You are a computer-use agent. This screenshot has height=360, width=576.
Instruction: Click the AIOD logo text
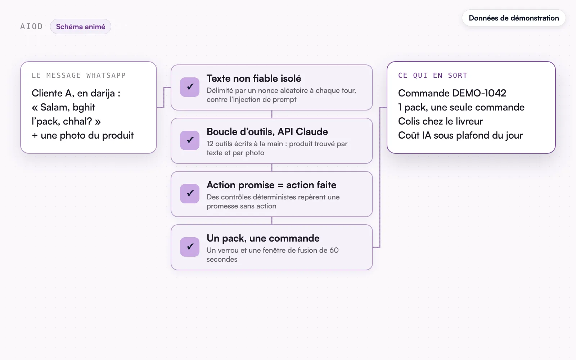click(x=31, y=27)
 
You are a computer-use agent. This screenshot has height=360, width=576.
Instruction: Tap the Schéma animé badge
click(x=81, y=27)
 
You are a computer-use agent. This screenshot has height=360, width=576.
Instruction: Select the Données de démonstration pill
click(x=514, y=18)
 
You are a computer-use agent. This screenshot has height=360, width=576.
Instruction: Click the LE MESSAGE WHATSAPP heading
click(x=79, y=75)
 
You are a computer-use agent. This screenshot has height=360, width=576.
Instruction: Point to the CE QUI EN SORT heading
click(x=432, y=75)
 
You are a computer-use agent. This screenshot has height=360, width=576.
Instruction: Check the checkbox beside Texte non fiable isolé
click(x=190, y=87)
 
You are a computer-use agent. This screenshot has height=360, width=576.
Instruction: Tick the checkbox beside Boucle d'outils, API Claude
click(x=190, y=140)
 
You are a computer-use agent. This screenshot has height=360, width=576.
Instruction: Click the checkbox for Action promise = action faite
click(x=190, y=193)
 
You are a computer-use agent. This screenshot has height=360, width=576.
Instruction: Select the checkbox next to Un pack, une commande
click(x=190, y=247)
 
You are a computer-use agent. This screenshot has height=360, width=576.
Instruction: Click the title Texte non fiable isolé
click(x=254, y=78)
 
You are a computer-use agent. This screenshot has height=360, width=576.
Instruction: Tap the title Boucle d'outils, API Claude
click(x=267, y=132)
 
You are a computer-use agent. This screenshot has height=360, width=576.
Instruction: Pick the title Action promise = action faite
click(x=271, y=185)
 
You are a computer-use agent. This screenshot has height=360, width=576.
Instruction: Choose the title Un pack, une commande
click(x=263, y=238)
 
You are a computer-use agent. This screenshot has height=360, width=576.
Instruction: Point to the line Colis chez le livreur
click(x=441, y=121)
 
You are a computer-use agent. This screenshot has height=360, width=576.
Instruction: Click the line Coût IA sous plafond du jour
click(x=460, y=135)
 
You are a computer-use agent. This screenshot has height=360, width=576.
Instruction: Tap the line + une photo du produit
click(x=82, y=135)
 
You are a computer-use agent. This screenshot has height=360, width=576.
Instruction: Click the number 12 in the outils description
click(x=210, y=144)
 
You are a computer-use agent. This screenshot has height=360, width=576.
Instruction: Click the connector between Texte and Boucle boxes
click(x=272, y=114)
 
